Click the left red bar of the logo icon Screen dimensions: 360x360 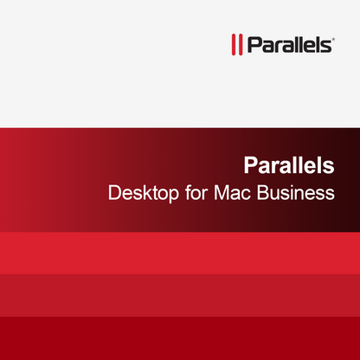tap(231, 44)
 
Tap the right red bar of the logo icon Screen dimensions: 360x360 tap(238, 44)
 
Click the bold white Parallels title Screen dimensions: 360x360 tap(288, 165)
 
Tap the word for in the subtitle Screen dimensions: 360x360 tap(193, 192)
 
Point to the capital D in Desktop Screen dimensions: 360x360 tap(113, 192)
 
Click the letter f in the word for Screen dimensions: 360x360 tap(184, 192)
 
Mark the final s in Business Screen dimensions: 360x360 tap(330, 194)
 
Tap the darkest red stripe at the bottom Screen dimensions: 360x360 tap(180, 337)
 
